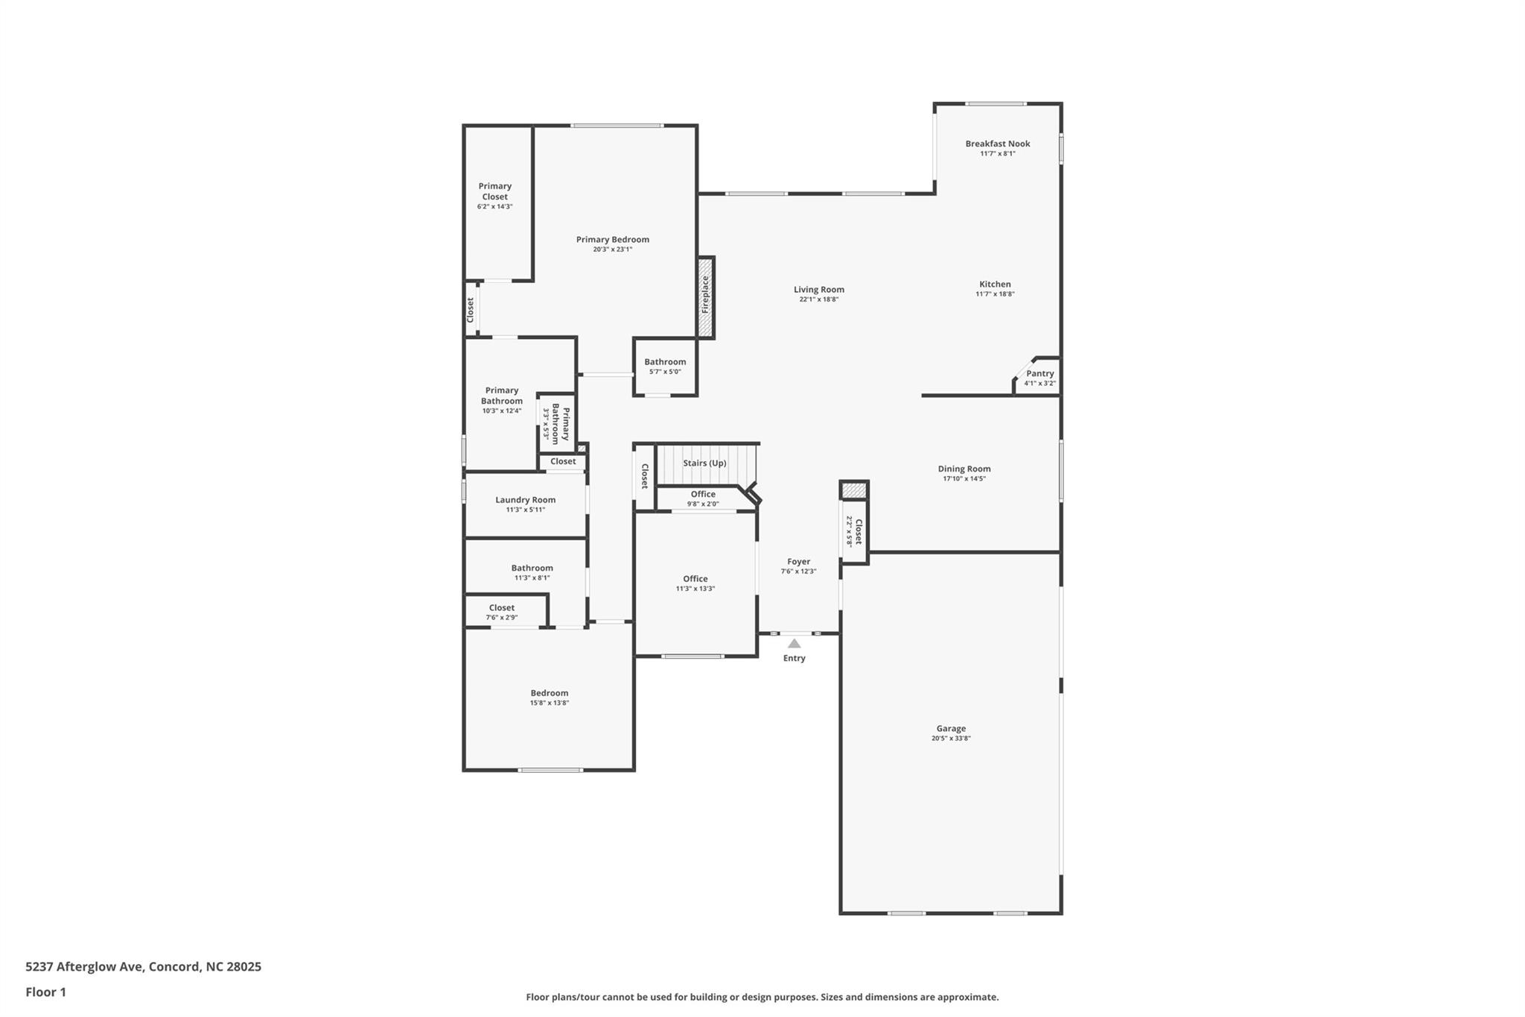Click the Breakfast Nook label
click(998, 144)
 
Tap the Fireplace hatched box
click(706, 297)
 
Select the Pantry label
click(1040, 373)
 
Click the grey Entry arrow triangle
click(795, 644)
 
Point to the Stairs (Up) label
click(704, 463)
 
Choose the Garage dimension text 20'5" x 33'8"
click(951, 738)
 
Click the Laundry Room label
click(526, 500)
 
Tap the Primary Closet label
click(495, 191)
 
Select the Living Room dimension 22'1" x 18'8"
click(819, 300)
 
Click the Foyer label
click(799, 562)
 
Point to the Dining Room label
click(964, 469)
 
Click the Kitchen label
click(996, 284)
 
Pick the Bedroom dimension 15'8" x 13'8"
click(550, 703)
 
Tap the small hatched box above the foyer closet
click(854, 490)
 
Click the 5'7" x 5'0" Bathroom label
click(665, 362)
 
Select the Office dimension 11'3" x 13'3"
click(695, 589)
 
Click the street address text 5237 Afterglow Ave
click(83, 967)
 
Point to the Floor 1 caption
click(46, 992)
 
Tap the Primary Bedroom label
click(613, 239)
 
